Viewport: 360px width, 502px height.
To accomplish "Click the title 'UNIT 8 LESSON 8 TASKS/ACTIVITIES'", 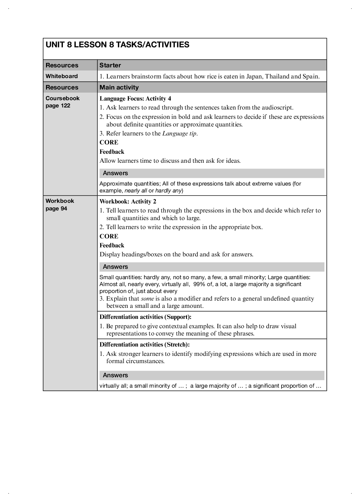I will click(117, 45).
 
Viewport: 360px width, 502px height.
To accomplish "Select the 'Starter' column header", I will click(110, 65).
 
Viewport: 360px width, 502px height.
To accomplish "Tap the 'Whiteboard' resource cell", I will click(62, 76).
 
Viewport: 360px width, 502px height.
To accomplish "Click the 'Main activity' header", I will click(119, 87).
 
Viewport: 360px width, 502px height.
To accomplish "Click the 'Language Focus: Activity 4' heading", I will click(135, 98).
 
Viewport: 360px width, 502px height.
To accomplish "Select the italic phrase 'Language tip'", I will click(179, 133).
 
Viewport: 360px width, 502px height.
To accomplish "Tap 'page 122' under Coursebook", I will click(58, 106).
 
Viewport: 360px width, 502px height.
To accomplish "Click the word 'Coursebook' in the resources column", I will click(63, 98).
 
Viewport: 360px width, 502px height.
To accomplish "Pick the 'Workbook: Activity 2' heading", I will click(128, 201).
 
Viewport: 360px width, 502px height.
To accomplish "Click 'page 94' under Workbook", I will click(56, 209).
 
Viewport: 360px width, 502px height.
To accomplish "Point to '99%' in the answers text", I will click(199, 284).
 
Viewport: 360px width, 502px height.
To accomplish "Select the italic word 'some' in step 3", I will click(147, 299).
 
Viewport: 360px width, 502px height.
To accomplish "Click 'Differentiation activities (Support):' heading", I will click(145, 317).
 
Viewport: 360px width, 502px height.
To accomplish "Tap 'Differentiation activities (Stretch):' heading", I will click(145, 344).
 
